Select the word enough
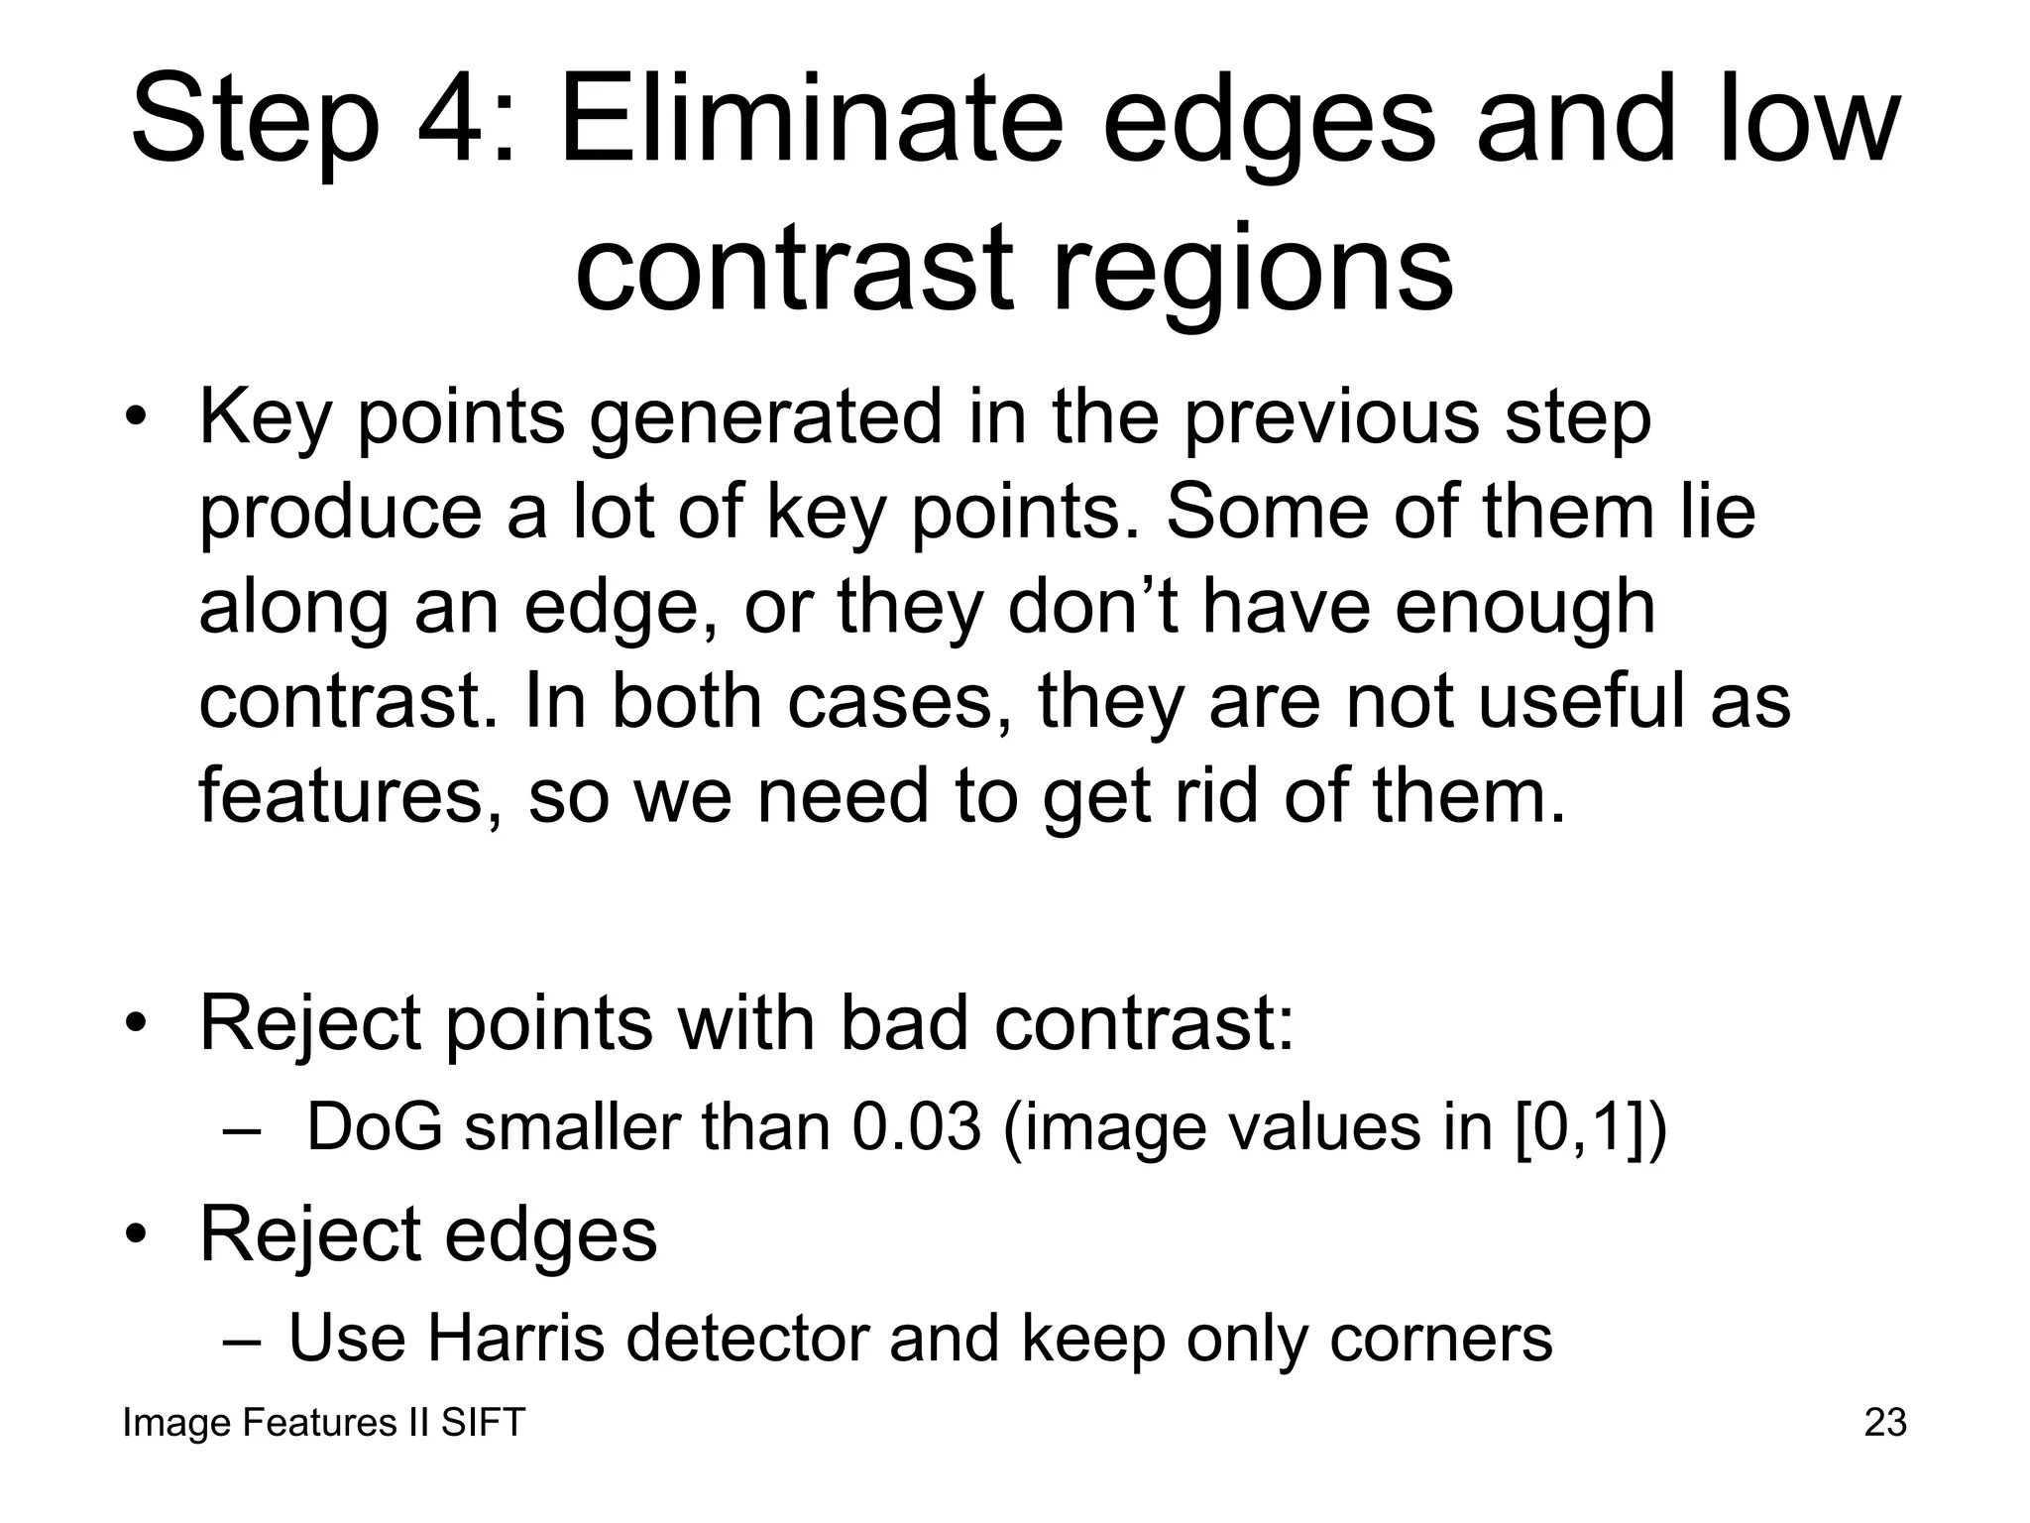(1524, 609)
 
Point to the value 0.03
(917, 1127)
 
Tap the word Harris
(515, 1338)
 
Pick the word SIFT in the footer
(483, 1423)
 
